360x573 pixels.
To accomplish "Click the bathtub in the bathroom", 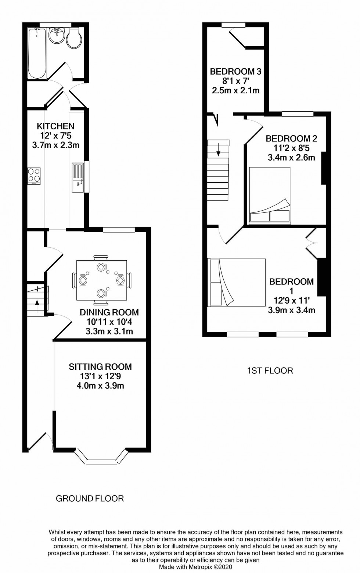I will [x=37, y=53].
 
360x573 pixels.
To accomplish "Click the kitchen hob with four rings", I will [x=34, y=176].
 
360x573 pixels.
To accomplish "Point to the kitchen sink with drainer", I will [x=78, y=178].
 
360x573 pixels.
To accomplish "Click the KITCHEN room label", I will [x=55, y=126].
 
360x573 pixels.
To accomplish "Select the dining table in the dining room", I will [x=101, y=280].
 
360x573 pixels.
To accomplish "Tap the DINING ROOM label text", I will [x=109, y=312].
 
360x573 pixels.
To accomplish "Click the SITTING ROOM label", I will [x=100, y=366].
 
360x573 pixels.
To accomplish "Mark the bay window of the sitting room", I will [x=102, y=456].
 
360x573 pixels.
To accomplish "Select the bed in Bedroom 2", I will [x=270, y=196].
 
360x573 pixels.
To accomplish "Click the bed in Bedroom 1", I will [x=237, y=282].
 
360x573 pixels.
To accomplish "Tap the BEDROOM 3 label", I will [x=235, y=71].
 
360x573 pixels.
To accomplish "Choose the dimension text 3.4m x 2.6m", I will [x=291, y=158].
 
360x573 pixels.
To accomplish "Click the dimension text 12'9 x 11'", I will [x=291, y=300].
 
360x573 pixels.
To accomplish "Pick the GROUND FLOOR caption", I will [x=90, y=498].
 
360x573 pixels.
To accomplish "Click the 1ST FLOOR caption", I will [x=270, y=370].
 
